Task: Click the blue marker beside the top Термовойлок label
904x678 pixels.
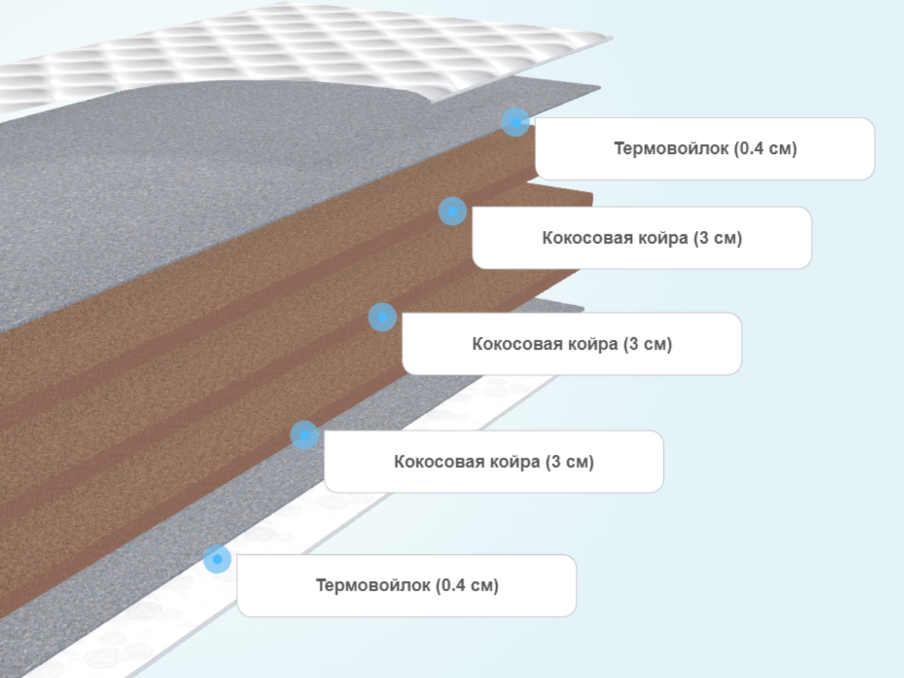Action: pos(516,122)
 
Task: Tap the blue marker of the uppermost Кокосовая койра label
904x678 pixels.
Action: pos(453,211)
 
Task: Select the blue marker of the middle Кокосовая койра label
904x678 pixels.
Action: pos(383,318)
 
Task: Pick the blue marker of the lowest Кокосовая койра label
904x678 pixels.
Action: pos(304,435)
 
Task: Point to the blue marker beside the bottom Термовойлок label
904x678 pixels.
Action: pos(218,559)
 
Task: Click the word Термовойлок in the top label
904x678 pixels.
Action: pos(671,148)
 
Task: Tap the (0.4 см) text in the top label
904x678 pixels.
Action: pos(765,148)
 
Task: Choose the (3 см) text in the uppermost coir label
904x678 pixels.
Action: pos(718,239)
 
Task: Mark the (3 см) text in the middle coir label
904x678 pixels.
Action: pos(648,344)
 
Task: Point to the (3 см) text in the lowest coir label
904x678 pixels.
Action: pos(570,462)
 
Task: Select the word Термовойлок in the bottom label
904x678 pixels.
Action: pos(373,585)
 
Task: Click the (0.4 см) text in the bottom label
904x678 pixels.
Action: pos(467,586)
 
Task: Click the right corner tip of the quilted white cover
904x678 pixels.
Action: pos(613,38)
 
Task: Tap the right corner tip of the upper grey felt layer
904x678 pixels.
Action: pos(600,87)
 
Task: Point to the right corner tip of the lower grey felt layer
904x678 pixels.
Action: pos(584,309)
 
